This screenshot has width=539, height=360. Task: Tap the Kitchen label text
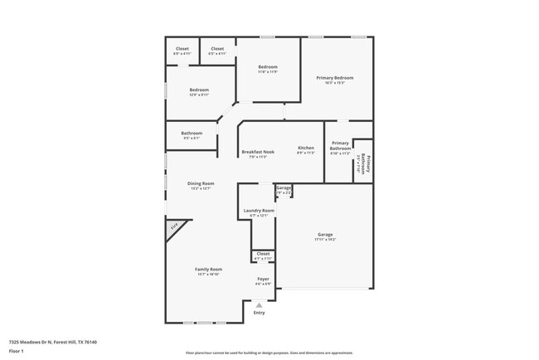306,148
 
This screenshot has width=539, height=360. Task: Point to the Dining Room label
201,183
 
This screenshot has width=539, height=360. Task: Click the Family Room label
208,269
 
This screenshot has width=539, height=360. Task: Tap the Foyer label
263,280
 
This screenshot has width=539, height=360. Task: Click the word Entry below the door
259,312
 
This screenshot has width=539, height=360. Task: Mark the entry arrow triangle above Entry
259,304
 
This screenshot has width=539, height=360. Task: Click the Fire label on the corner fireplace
174,226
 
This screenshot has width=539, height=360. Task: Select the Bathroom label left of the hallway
192,134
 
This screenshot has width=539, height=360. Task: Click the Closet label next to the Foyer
263,254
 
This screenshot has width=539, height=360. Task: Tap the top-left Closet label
182,49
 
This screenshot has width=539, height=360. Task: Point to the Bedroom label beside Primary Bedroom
267,66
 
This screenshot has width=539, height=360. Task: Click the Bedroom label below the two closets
199,90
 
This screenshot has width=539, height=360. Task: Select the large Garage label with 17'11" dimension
324,235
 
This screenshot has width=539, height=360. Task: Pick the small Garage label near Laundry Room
284,188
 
